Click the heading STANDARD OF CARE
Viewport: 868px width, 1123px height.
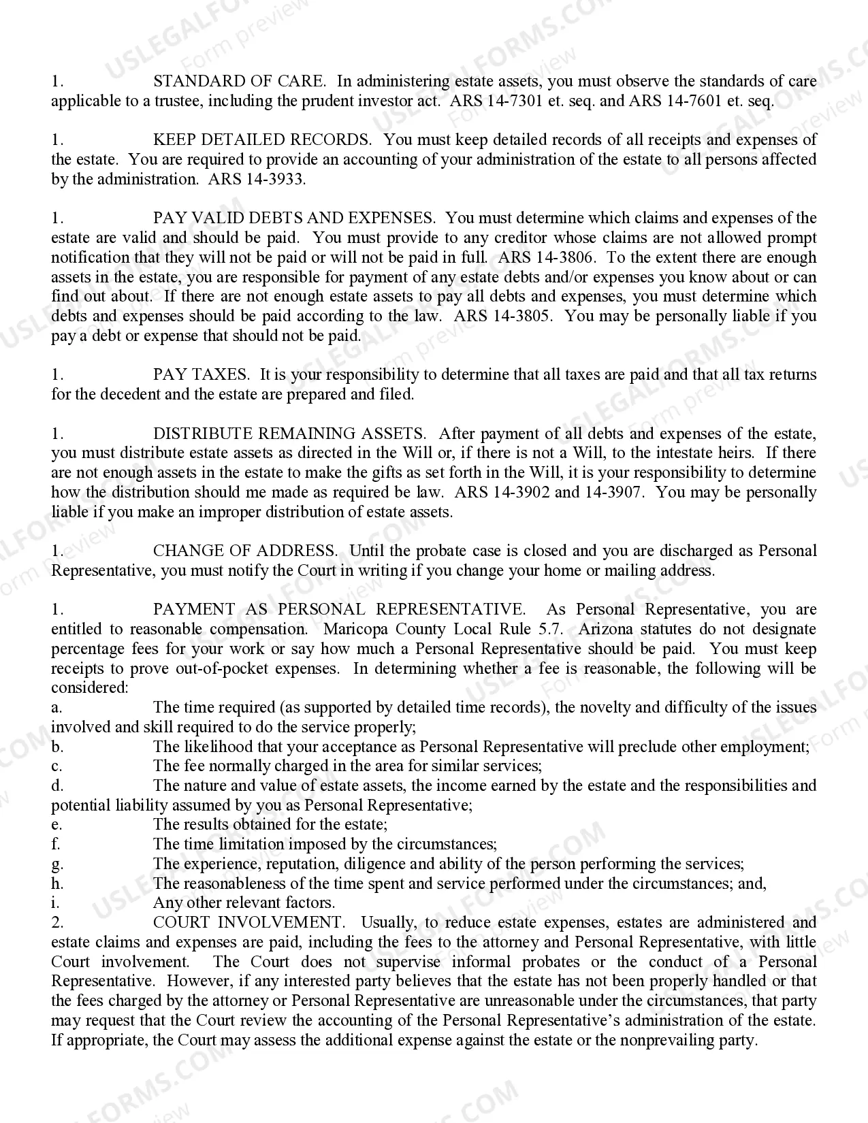click(239, 82)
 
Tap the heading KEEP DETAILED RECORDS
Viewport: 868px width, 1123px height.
click(262, 140)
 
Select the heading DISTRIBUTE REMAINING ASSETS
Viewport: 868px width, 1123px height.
click(289, 434)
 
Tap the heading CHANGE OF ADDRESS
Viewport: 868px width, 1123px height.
click(245, 551)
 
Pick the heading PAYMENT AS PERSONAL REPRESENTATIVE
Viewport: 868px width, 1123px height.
click(339, 610)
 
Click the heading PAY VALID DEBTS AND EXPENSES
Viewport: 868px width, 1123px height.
click(294, 218)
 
